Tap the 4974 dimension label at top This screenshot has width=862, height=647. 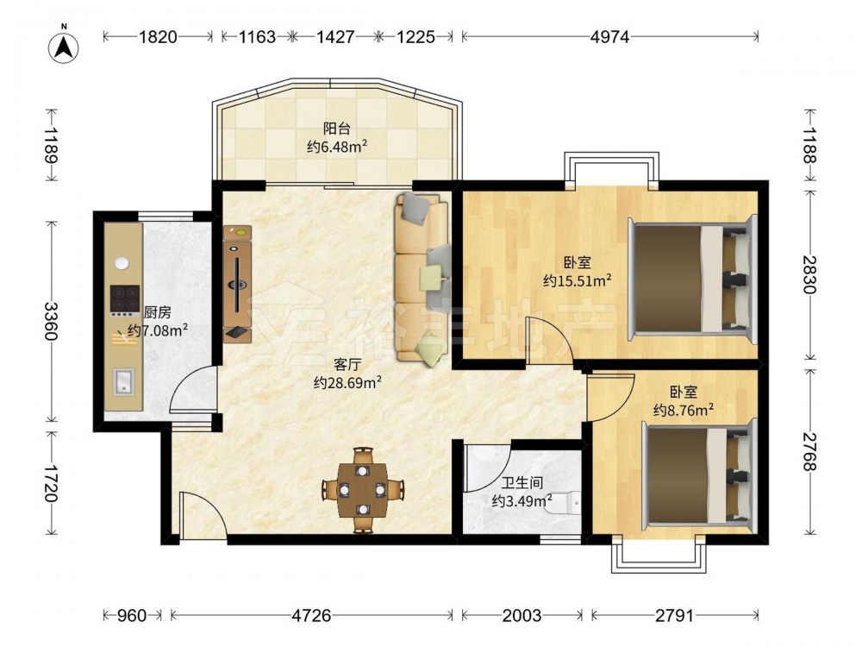609,37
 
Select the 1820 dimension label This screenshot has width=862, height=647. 158,37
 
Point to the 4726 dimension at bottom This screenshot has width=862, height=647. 311,615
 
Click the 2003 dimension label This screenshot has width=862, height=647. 522,615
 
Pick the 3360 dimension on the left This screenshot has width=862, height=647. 51,321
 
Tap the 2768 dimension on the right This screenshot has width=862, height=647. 809,451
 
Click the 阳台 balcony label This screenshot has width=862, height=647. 336,129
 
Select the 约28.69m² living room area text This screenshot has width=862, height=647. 347,382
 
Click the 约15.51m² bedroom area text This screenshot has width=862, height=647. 578,280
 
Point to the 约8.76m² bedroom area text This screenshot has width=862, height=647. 684,410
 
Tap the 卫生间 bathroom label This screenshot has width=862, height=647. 522,483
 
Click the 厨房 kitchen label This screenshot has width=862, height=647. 157,312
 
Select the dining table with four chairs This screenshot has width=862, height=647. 362,490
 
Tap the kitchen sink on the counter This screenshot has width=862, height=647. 124,382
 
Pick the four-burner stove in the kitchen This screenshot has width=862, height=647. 125,300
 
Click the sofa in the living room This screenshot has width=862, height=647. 422,279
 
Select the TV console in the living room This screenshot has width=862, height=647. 238,285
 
